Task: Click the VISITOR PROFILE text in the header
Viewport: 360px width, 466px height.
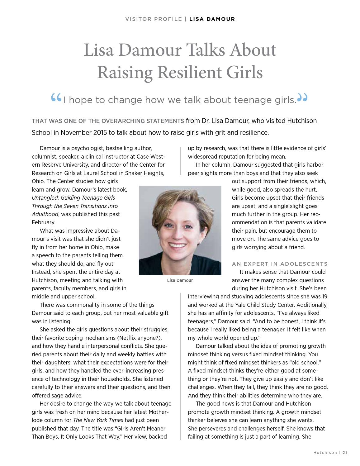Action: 154,19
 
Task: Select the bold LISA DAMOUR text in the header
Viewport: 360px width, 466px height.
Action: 212,19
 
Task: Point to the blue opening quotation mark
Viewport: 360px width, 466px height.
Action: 56,98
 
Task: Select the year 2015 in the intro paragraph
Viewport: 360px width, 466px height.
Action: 100,133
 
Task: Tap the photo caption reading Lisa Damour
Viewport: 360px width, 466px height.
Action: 180,280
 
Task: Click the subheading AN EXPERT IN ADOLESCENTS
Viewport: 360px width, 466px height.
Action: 280,264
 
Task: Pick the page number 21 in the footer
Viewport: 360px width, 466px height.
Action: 345,453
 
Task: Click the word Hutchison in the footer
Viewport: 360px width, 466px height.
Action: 325,453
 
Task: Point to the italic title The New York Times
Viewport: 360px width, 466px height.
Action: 98,420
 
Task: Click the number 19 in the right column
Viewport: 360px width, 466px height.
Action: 324,297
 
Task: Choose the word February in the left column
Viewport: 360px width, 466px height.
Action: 44,222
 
